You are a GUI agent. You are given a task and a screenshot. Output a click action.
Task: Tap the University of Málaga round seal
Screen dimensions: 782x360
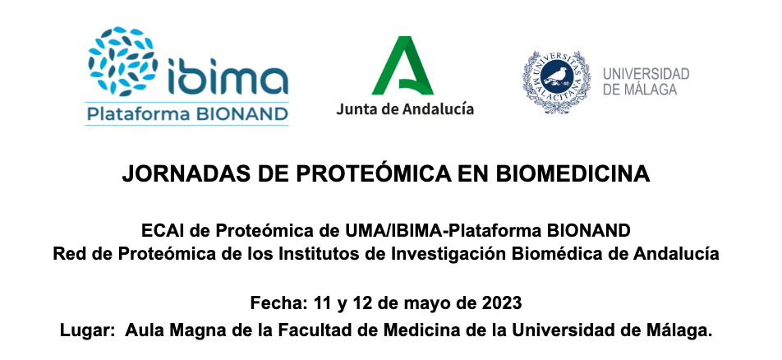pyautogui.click(x=557, y=81)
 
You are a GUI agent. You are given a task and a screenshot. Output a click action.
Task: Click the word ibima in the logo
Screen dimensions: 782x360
pyautogui.click(x=228, y=76)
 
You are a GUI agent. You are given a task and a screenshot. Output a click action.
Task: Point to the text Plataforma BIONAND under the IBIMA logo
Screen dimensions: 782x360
pyautogui.click(x=187, y=114)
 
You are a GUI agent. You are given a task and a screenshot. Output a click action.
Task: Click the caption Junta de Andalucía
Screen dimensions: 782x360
pyautogui.click(x=405, y=108)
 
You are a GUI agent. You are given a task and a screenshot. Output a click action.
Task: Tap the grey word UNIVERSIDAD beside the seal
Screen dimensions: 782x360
pyautogui.click(x=646, y=74)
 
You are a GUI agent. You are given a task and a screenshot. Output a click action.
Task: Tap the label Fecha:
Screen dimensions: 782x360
pyautogui.click(x=279, y=303)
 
